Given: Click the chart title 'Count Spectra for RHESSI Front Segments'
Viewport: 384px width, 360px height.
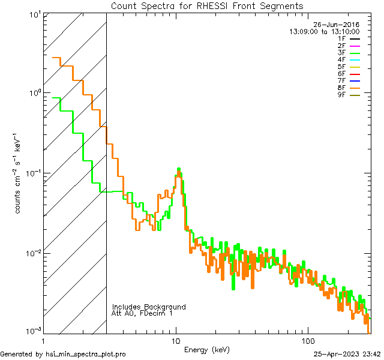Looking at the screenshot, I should (x=207, y=5).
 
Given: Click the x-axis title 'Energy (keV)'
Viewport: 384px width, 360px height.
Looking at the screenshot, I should (x=206, y=350).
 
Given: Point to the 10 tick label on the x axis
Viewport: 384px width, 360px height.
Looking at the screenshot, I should (x=176, y=340).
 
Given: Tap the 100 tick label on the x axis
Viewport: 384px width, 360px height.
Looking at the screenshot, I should (x=307, y=340).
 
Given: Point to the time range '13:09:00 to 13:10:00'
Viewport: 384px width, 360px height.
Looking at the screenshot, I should (x=324, y=31).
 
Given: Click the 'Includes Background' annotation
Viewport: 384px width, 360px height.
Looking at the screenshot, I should (x=149, y=307).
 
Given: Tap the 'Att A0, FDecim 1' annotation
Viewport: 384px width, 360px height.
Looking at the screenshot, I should (x=142, y=313).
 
